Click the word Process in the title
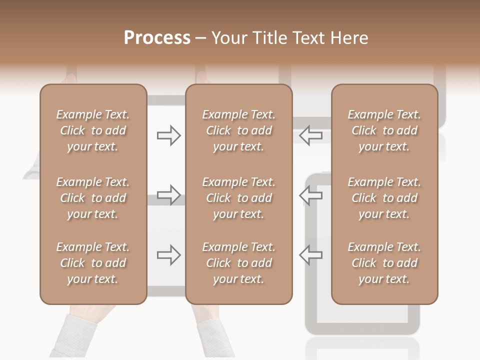pyautogui.click(x=157, y=38)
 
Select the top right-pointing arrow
pyautogui.click(x=169, y=135)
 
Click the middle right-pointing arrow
pyautogui.click(x=169, y=195)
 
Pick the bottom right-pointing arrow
pyautogui.click(x=169, y=255)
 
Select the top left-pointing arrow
pyautogui.click(x=311, y=135)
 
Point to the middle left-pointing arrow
pyautogui.click(x=311, y=195)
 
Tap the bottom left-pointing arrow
pyautogui.click(x=311, y=255)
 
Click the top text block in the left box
pyautogui.click(x=93, y=130)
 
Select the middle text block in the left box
pyautogui.click(x=93, y=198)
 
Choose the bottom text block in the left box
pyautogui.click(x=93, y=263)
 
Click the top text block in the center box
pyautogui.click(x=238, y=130)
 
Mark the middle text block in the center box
pyautogui.click(x=238, y=198)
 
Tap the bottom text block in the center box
pyautogui.click(x=238, y=263)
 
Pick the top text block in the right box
pyautogui.click(x=384, y=130)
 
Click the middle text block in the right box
pyautogui.click(x=384, y=198)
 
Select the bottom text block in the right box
pyautogui.click(x=384, y=263)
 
